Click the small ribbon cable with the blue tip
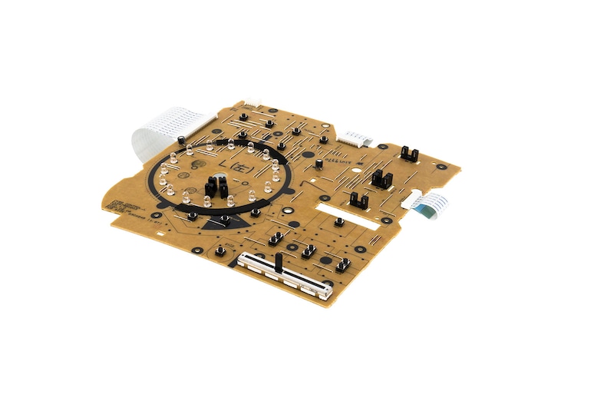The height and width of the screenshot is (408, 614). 431,205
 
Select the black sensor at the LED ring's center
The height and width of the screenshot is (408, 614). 213,187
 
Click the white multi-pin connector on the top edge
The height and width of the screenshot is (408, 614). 356,139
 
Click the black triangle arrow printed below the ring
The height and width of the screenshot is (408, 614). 230,222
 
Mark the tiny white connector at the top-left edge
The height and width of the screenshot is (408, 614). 252,104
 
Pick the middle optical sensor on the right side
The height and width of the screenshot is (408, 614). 381,180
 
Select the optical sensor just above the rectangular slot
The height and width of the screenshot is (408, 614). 358,200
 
